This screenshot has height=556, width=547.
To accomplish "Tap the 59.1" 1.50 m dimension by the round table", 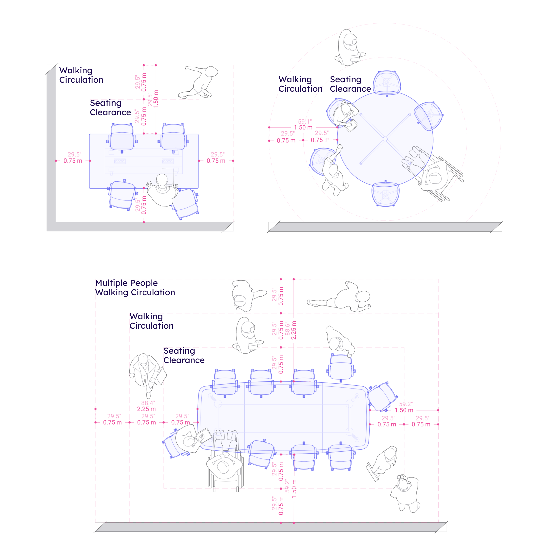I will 303,125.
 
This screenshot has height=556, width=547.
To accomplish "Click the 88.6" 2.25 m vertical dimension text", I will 290,330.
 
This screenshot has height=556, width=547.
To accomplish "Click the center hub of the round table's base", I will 385,139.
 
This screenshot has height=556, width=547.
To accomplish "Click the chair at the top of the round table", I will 387,82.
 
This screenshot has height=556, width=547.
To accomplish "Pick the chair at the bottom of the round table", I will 385,194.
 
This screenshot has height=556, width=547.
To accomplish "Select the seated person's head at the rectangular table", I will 162,180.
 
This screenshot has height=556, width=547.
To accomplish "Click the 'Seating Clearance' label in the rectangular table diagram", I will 110,108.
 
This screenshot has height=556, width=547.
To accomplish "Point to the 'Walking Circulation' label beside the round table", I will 300,84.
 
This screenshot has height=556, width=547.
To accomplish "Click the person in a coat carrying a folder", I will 145,372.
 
